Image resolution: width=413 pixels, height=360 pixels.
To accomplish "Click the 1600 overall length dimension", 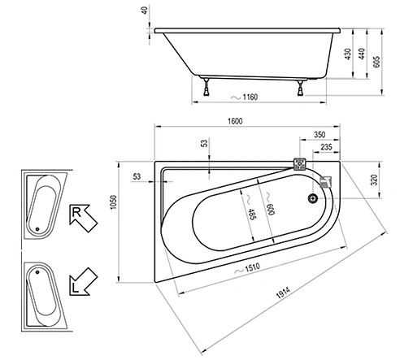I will [234, 122].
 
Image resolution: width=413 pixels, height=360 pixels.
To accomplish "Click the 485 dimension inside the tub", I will [252, 214].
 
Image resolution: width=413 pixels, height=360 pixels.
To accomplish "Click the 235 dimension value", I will [326, 147].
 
